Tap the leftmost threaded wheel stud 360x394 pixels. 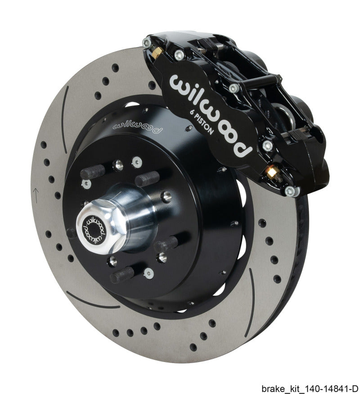point(92,172)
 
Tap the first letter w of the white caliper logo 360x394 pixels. point(180,84)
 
